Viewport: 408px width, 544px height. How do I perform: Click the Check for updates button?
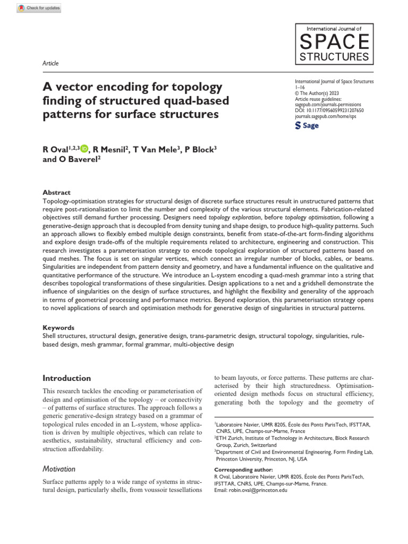39,8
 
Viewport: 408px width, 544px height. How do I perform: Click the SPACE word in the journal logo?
334,41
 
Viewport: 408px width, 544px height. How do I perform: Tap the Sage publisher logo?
307,126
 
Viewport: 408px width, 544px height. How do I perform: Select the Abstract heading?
56,193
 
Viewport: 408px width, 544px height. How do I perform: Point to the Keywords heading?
58,328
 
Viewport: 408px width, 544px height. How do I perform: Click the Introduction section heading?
66,378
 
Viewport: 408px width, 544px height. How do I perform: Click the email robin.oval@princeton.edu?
250,490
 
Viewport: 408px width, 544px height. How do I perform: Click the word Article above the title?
50,63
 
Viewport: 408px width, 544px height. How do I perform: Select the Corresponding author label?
243,470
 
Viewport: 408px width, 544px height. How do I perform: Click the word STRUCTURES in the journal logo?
334,56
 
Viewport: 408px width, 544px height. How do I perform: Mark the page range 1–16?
299,87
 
